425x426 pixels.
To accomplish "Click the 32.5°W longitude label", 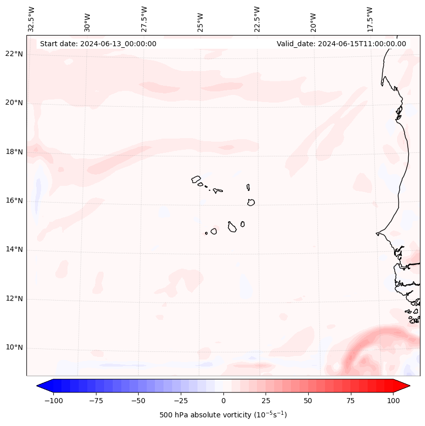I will pos(31,19).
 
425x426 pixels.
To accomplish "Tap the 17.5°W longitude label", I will pos(370,19).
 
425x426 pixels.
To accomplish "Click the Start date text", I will pos(98,44).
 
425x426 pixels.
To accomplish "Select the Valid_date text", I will pos(341,44).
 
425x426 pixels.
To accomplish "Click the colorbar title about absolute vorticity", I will pos(223,415).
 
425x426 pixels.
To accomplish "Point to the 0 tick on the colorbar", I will pos(223,401).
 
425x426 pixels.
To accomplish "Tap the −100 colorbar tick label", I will pos(53,401).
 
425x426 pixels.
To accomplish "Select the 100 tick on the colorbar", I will pos(393,401).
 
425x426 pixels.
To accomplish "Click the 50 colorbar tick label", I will pos(308,401).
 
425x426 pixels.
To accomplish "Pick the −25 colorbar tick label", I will pos(180,401).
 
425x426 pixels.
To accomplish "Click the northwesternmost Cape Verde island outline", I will pos(196,179).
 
